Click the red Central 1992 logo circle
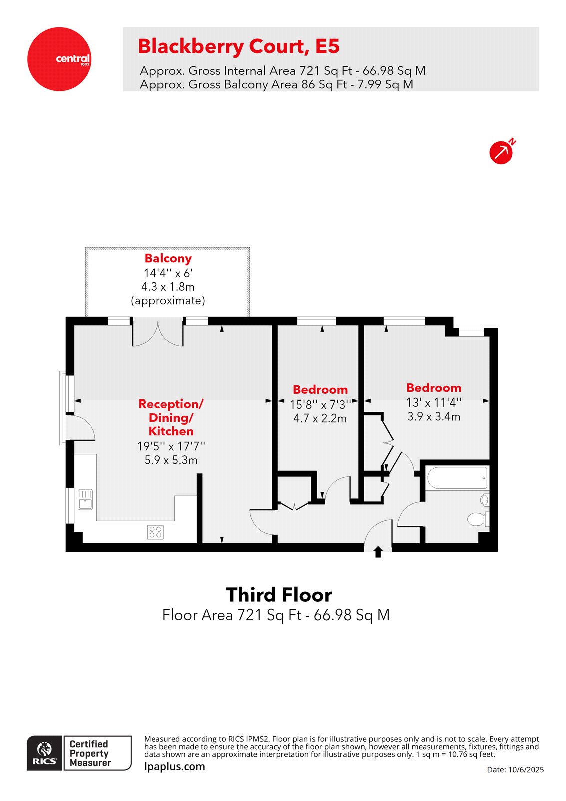[x=59, y=59]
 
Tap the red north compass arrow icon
[x=501, y=152]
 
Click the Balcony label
[x=168, y=259]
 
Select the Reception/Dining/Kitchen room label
[x=171, y=417]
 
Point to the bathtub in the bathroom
[x=457, y=478]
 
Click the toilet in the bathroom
[x=478, y=519]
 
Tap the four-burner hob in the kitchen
[x=155, y=532]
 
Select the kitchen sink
[x=85, y=499]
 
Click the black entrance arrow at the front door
[x=378, y=552]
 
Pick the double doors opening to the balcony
[x=158, y=333]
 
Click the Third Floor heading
[x=279, y=595]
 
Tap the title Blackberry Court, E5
[x=239, y=46]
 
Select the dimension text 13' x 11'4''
[x=434, y=402]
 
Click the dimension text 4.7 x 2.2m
[x=320, y=418]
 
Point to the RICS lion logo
[x=45, y=752]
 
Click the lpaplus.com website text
[x=174, y=766]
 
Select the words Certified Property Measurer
[x=90, y=753]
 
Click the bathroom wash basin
[x=484, y=499]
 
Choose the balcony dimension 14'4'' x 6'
[x=168, y=273]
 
